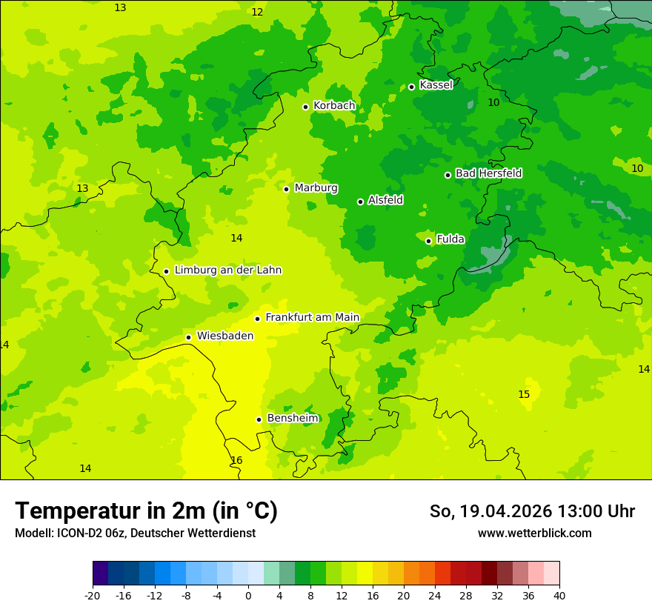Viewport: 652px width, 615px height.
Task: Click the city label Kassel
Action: point(436,85)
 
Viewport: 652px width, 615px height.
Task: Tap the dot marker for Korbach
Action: point(305,107)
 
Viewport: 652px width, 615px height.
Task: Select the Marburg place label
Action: point(316,188)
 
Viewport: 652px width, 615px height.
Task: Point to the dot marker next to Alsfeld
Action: point(360,202)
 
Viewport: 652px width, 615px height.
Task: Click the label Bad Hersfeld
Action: point(488,173)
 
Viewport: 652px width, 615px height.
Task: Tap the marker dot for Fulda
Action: point(428,241)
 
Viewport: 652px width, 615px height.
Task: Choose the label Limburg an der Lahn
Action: point(227,270)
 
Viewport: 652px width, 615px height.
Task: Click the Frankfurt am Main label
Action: point(312,318)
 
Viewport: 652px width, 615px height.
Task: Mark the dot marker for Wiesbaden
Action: point(188,337)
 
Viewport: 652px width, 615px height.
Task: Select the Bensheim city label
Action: point(293,419)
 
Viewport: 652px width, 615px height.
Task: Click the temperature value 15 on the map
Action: point(524,394)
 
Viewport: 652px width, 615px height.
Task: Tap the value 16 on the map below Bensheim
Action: point(236,460)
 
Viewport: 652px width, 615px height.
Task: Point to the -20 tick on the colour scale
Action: point(93,595)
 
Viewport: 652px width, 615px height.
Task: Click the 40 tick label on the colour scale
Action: point(559,595)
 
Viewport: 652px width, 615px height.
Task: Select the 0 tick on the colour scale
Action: point(248,595)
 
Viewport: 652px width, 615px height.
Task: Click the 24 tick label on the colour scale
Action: point(435,595)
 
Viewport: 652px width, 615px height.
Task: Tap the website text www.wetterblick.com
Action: point(534,533)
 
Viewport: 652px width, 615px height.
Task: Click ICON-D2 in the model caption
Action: point(77,533)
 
